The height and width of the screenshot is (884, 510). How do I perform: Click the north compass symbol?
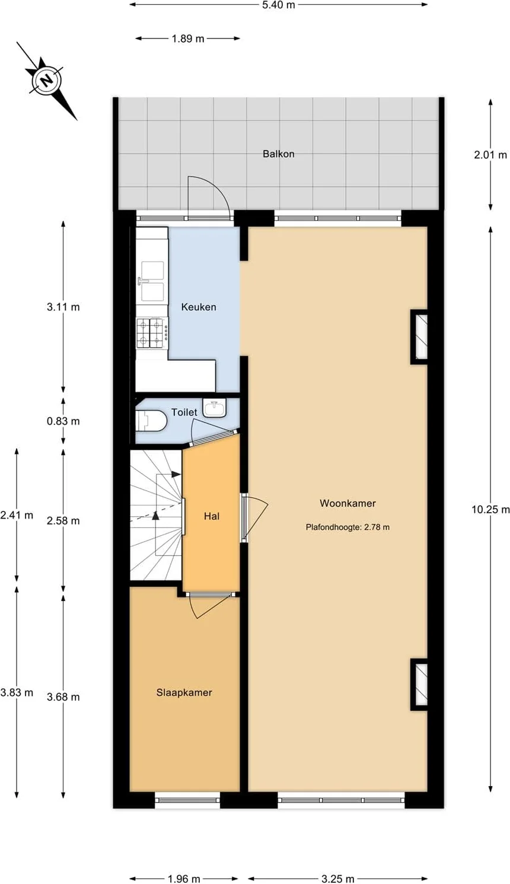(x=47, y=81)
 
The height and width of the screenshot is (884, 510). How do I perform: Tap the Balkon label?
(x=279, y=154)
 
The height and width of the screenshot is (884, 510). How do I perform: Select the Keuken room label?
(x=199, y=307)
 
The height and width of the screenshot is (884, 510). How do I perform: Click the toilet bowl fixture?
(x=151, y=421)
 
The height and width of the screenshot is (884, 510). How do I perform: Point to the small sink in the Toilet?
(x=215, y=408)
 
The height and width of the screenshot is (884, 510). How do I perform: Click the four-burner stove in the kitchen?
(x=150, y=333)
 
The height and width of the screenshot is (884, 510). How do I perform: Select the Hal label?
(x=212, y=516)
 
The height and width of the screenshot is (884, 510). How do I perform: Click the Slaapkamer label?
(x=184, y=692)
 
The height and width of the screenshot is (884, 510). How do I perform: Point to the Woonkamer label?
(x=348, y=503)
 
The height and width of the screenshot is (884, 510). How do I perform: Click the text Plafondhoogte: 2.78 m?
(x=348, y=527)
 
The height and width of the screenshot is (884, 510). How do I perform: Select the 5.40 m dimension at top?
(x=279, y=5)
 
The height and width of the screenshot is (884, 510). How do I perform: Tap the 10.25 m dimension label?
(x=490, y=510)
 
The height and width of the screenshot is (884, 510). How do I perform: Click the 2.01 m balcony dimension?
(x=490, y=155)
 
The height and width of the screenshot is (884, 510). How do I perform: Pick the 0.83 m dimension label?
(x=63, y=421)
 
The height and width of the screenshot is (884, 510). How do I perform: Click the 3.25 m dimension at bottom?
(x=337, y=879)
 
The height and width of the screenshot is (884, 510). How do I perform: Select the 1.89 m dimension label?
(x=188, y=39)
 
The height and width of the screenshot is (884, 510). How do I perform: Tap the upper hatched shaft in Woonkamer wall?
(x=419, y=336)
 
